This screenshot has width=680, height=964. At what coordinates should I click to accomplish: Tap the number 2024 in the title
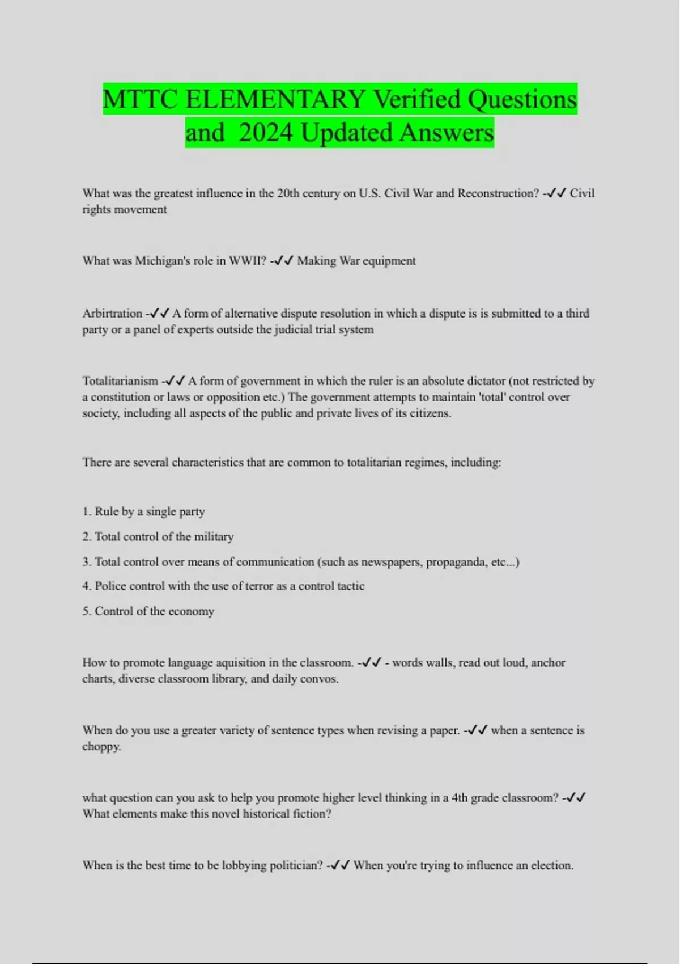tap(266, 133)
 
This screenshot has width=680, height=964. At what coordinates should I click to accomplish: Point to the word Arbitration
tap(112, 314)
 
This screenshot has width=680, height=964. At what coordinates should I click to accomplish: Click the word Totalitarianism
tap(120, 381)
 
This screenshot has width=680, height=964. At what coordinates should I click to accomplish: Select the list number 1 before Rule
tap(86, 511)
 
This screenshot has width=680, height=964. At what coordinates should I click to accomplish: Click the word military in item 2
tap(214, 536)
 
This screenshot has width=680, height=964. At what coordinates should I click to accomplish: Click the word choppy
tap(101, 747)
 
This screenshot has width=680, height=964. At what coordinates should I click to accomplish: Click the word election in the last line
tap(551, 865)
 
